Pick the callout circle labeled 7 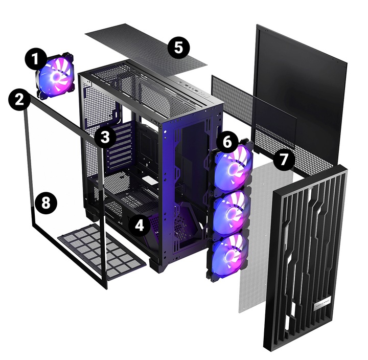(x=284, y=160)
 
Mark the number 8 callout (x=45, y=204)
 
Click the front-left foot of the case (x=155, y=266)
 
